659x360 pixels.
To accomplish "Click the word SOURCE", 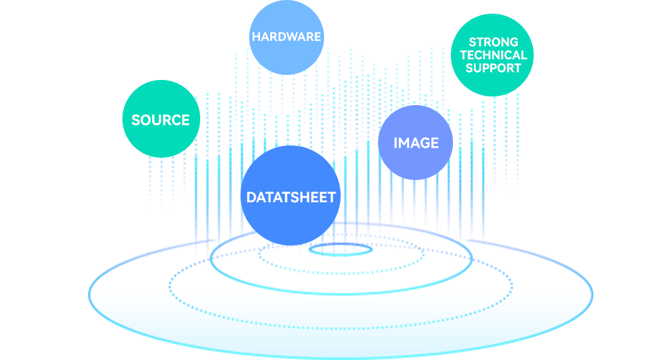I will click(160, 120).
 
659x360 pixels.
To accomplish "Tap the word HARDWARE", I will click(286, 36).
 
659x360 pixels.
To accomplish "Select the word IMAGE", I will click(416, 143).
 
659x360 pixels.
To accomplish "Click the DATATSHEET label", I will click(291, 197).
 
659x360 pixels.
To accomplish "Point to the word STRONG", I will click(493, 42).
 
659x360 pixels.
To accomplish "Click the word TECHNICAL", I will click(493, 55).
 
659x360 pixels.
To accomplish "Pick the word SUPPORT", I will click(493, 68).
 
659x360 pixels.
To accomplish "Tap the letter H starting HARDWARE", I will click(255, 36).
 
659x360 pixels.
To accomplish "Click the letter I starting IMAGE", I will click(395, 143).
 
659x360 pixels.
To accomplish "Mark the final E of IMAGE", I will click(434, 143).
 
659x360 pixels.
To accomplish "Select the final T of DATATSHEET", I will click(331, 197).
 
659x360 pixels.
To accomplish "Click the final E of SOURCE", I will click(185, 120).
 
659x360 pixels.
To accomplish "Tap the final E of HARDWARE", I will click(317, 36).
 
